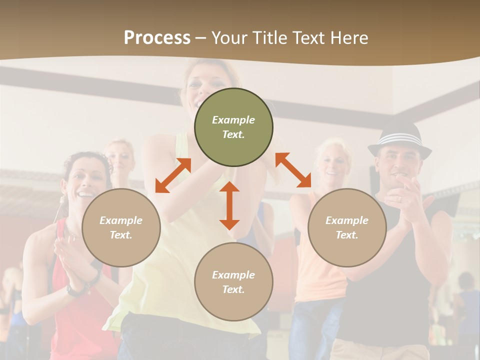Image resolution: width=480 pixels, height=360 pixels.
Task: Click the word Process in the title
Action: coord(157,37)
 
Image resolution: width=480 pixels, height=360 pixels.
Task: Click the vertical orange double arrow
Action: coord(229,205)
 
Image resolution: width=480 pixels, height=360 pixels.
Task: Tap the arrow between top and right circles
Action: coord(293,170)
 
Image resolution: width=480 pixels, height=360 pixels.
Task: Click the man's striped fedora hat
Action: coord(399,140)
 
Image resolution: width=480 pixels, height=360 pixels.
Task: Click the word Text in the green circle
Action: coord(233,134)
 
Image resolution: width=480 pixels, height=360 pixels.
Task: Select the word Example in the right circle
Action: coord(346,220)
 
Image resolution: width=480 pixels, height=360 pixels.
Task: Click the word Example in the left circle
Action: coord(121,220)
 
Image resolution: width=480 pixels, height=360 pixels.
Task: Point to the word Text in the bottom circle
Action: coord(233,289)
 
